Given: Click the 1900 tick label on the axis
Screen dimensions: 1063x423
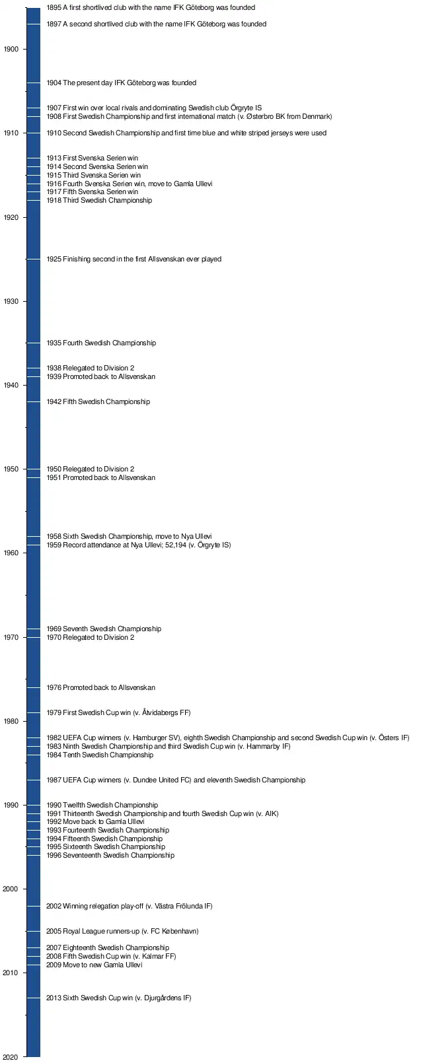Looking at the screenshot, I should coord(11,50).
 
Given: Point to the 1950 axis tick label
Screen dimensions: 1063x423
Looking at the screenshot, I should coord(11,469).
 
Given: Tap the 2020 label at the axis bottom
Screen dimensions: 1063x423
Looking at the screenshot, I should coord(11,1057).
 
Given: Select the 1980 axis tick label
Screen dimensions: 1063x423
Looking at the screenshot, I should coord(11,722).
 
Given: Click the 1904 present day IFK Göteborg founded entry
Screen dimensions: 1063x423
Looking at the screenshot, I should coord(121,83).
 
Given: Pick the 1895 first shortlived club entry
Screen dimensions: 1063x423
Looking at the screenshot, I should coord(151,8).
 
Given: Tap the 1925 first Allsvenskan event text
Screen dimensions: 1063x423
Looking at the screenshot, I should coord(134,259).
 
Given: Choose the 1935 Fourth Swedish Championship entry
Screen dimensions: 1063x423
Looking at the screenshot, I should coord(101,343).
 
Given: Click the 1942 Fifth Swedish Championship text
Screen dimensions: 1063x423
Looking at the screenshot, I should coord(98,402).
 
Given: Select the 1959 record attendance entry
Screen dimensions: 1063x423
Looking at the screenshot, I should coord(138,545).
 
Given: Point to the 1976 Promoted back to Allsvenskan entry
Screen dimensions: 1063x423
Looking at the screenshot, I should coord(100,688).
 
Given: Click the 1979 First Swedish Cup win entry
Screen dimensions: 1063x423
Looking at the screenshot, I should coord(118,713).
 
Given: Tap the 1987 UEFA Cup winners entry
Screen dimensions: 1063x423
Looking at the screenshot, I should coord(175,780).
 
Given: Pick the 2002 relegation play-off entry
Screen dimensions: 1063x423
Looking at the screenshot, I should coord(129,907).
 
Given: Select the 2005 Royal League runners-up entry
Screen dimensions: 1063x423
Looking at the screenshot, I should coord(122,932).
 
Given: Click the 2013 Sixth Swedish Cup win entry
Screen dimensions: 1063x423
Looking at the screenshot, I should coord(118,998).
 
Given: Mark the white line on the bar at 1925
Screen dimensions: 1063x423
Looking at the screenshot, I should coord(33,259).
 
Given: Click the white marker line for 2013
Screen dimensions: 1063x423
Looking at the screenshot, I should coord(33,998).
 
